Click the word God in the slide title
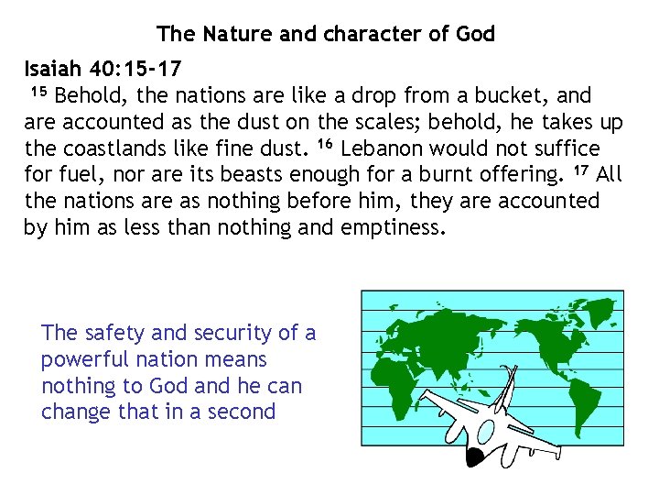coord(475,35)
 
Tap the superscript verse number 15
coord(38,92)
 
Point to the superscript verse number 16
coord(325,145)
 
